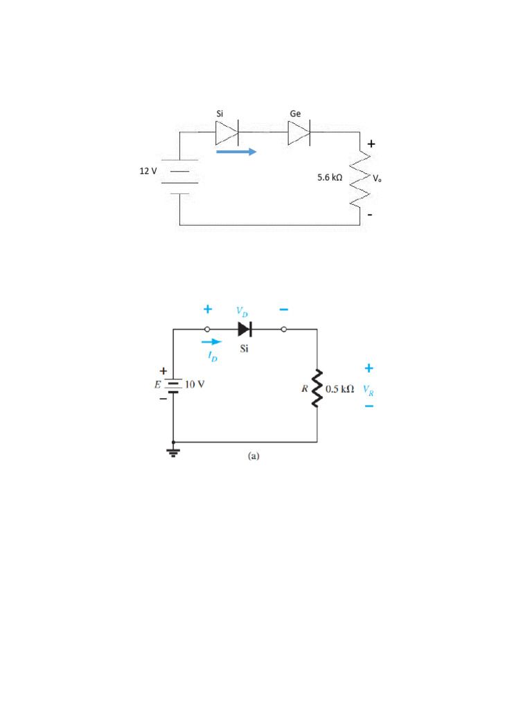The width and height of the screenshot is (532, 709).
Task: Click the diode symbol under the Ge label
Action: [299, 131]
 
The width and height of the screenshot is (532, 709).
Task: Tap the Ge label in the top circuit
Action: [295, 113]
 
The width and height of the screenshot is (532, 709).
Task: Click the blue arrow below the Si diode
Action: [236, 151]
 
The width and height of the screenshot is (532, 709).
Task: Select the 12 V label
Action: [149, 170]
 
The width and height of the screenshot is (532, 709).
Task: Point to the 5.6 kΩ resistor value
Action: [330, 178]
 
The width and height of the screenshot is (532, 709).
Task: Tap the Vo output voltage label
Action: [377, 179]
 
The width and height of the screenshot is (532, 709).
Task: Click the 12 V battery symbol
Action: [180, 177]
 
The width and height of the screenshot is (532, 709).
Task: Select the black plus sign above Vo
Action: [371, 144]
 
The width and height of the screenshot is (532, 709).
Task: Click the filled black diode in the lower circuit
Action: [245, 329]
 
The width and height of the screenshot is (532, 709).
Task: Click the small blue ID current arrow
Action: [211, 341]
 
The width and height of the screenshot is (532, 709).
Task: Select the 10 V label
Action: [194, 385]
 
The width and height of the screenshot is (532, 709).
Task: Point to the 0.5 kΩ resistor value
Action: [339, 389]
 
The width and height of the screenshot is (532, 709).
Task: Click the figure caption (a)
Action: [253, 456]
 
